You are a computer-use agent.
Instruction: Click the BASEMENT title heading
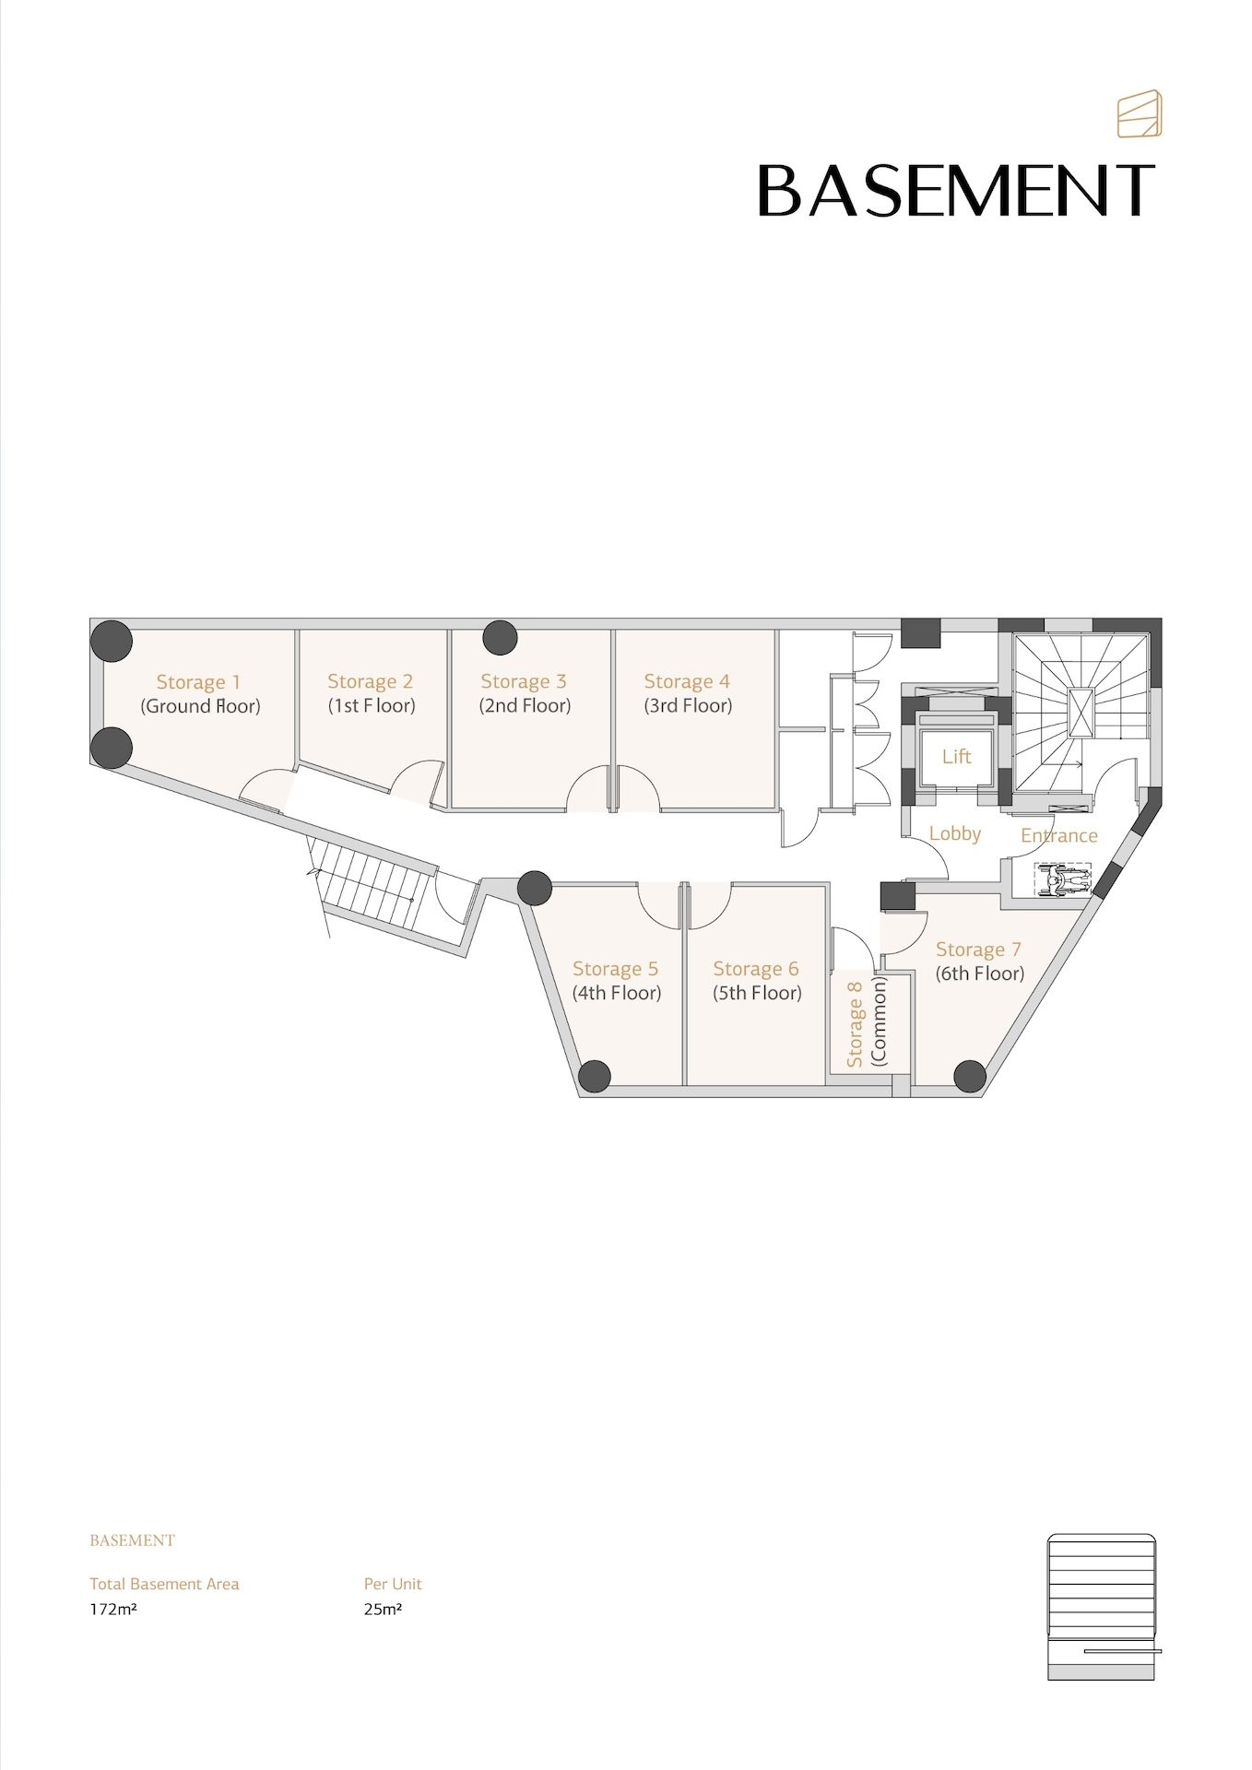click(956, 191)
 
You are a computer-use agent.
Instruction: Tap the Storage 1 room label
click(198, 682)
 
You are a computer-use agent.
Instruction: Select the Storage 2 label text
click(370, 681)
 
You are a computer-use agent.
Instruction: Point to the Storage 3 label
click(523, 681)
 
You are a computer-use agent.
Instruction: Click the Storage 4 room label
click(687, 681)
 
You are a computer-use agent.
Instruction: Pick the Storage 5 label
click(615, 969)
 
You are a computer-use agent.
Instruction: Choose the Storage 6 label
click(756, 969)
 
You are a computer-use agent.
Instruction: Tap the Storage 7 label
click(978, 950)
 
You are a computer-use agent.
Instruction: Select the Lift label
click(956, 756)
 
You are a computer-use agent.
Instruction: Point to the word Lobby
click(955, 833)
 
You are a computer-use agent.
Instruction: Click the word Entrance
click(1058, 835)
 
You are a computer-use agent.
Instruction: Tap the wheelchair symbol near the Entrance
click(1063, 880)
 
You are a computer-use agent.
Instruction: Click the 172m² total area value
click(113, 1610)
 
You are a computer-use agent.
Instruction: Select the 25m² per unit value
click(383, 1610)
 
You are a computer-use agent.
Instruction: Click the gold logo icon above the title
click(1140, 114)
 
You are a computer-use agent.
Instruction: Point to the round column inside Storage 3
click(500, 637)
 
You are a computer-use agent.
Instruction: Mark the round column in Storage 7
click(970, 1076)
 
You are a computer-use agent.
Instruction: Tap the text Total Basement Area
click(164, 1584)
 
